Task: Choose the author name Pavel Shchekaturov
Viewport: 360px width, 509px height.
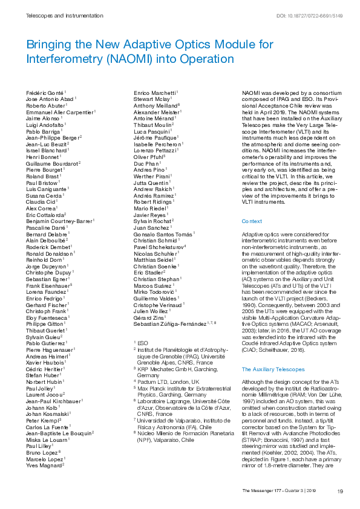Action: [x=159, y=247]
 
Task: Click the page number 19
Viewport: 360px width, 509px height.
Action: [x=341, y=491]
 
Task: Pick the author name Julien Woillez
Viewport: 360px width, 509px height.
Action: [x=152, y=310]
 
